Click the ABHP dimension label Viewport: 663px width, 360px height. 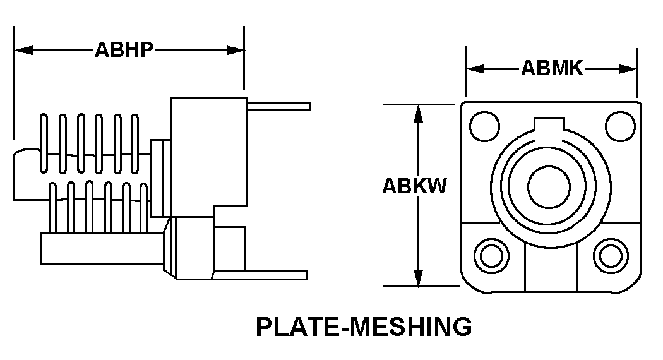tap(124, 50)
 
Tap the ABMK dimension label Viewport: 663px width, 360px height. tap(551, 68)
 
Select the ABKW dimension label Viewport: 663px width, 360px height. tap(414, 187)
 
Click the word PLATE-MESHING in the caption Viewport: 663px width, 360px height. tap(364, 327)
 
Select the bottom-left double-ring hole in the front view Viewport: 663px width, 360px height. tap(492, 256)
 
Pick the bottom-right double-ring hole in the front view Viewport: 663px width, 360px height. tap(610, 256)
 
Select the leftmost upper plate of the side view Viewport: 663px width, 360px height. tap(44, 143)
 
